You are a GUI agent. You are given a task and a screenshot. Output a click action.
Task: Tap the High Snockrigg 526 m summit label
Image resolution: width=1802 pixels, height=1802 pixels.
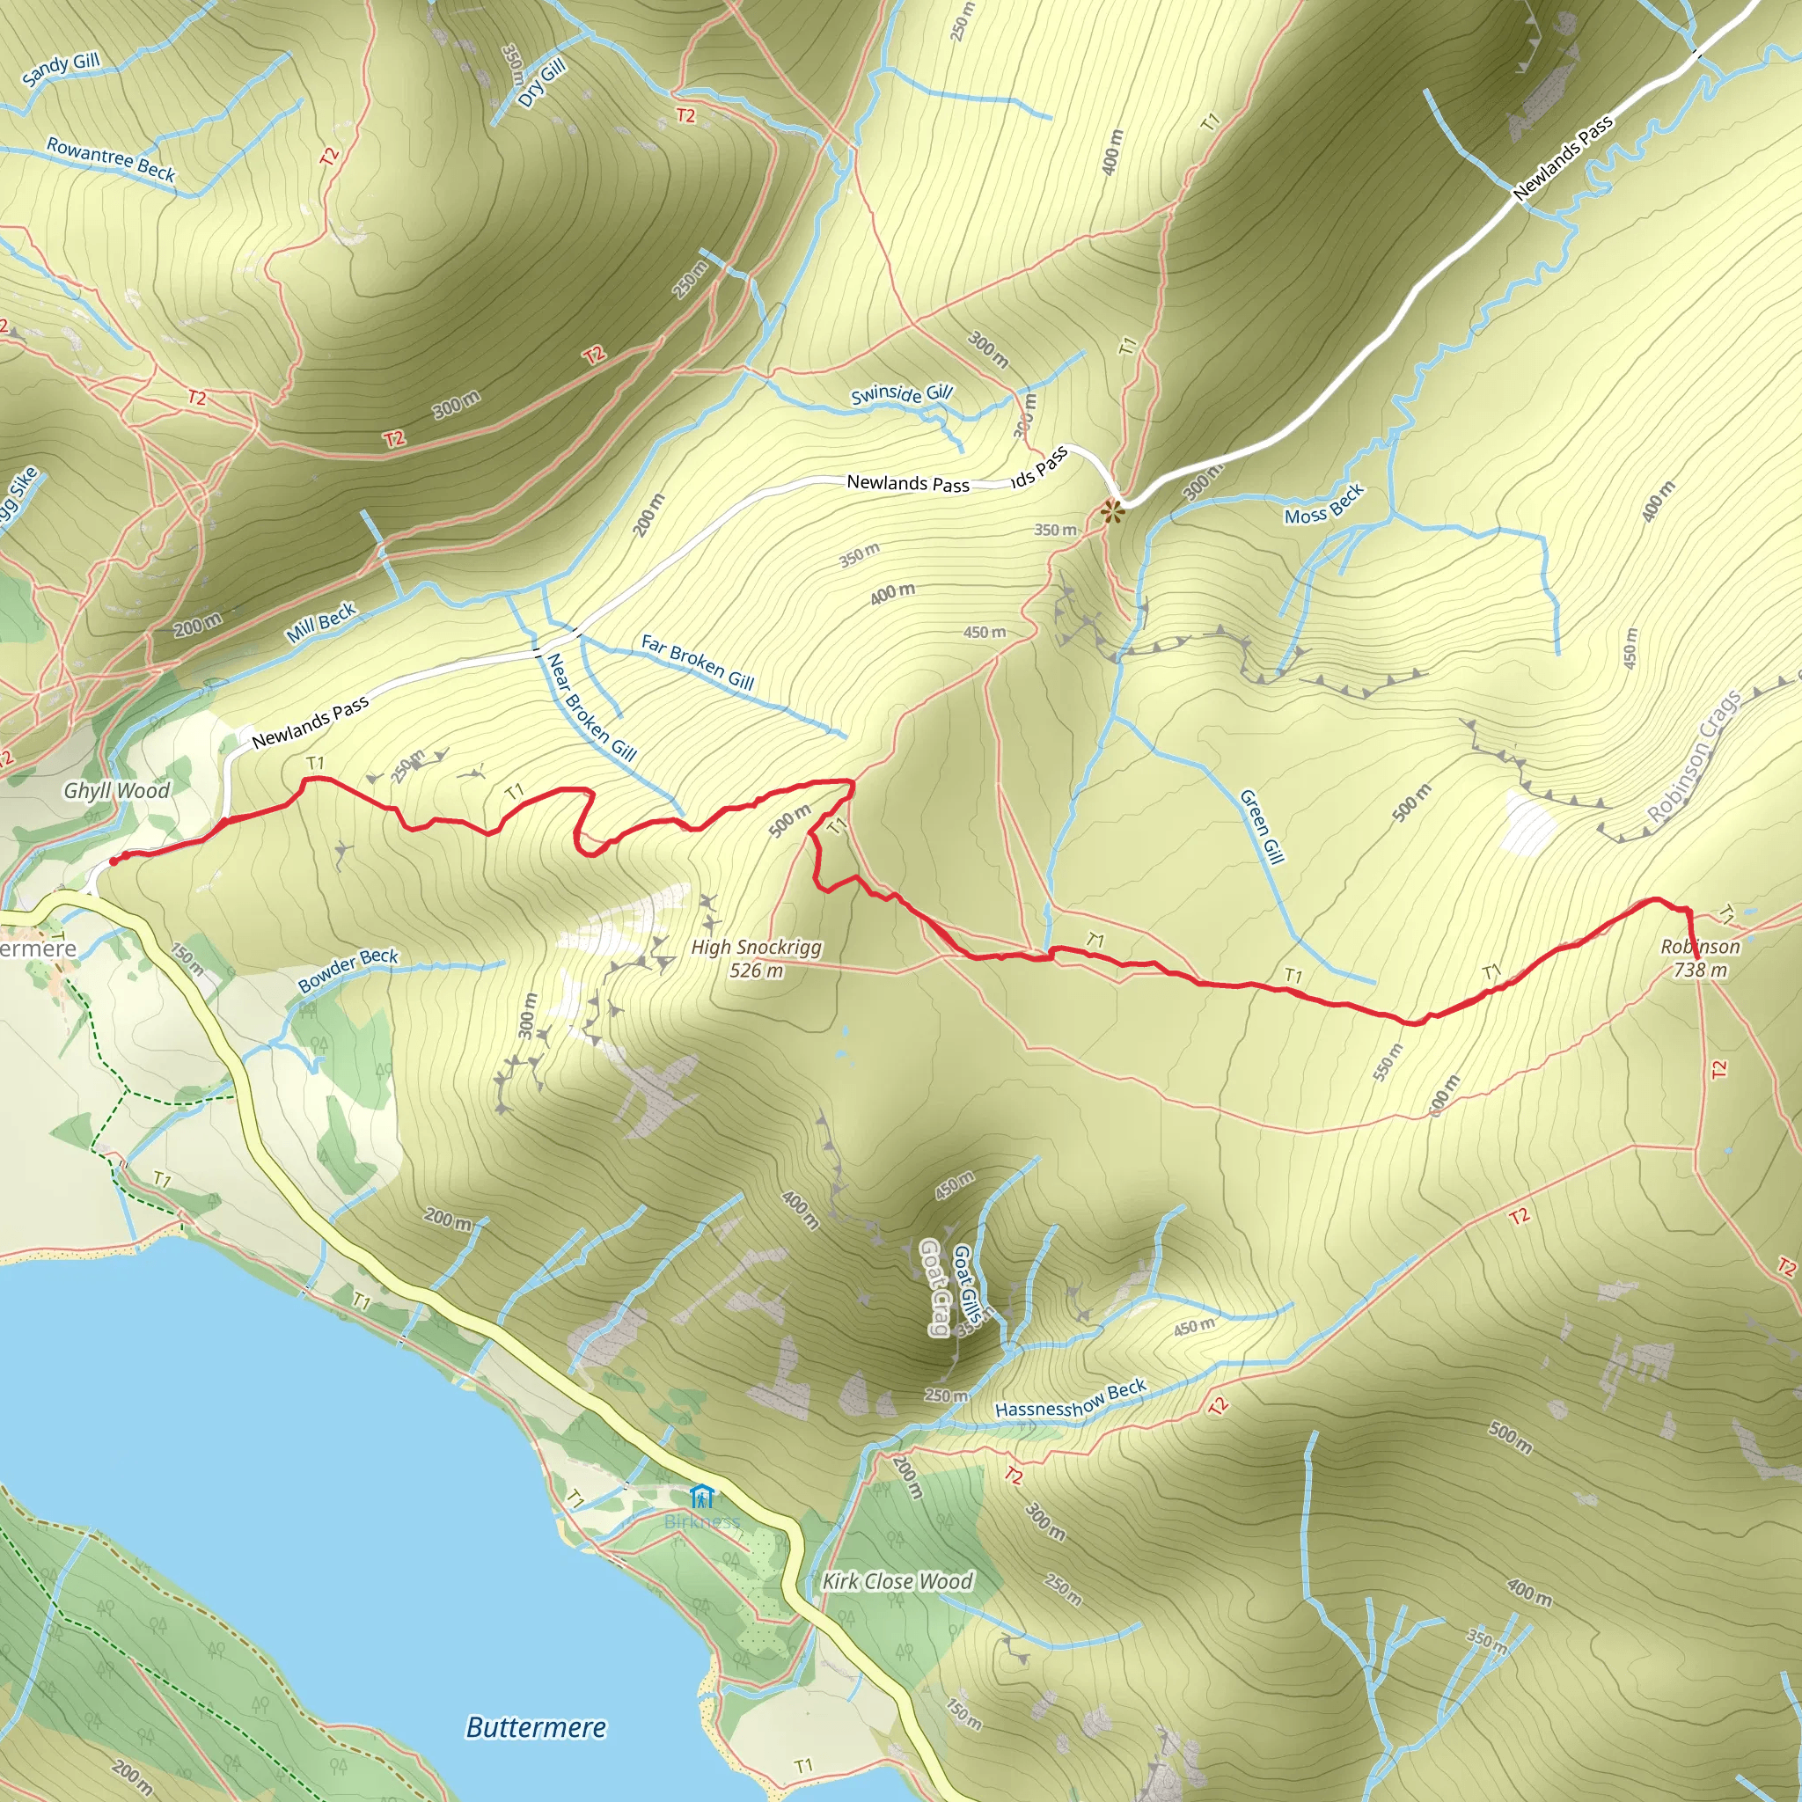click(757, 959)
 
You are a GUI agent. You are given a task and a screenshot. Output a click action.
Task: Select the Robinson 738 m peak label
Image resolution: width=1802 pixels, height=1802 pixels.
click(1699, 958)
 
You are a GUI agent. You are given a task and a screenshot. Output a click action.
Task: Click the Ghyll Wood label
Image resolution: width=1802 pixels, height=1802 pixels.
click(117, 791)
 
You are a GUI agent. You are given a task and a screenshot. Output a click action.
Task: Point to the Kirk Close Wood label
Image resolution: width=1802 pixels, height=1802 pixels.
click(897, 1581)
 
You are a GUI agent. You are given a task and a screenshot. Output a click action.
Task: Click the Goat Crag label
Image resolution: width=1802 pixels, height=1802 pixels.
click(934, 1287)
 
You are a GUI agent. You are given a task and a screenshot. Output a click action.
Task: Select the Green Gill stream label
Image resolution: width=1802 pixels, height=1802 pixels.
click(1261, 826)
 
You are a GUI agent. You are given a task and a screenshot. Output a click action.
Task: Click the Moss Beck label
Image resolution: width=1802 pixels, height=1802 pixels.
click(1323, 504)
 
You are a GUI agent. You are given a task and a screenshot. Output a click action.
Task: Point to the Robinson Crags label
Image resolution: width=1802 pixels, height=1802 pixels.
click(1694, 757)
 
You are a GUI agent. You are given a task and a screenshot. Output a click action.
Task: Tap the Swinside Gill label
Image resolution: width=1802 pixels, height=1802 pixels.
click(901, 393)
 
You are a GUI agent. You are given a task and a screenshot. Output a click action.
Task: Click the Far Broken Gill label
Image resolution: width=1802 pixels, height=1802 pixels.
click(698, 662)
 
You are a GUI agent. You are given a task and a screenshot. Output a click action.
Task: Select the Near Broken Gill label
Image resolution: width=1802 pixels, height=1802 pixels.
click(591, 707)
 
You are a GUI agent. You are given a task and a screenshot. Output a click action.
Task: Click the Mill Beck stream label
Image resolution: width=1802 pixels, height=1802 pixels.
click(321, 622)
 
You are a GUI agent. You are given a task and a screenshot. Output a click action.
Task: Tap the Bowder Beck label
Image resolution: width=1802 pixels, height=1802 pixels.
click(348, 970)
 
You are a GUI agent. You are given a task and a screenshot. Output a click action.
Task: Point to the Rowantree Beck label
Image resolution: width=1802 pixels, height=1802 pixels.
click(111, 158)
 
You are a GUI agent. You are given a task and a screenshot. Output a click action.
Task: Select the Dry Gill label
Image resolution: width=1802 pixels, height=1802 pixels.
click(542, 82)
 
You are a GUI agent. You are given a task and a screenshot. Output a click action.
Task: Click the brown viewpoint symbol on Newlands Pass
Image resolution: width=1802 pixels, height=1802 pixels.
click(1112, 511)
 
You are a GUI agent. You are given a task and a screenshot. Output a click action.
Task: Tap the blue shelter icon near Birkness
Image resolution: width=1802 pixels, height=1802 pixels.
click(701, 1497)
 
